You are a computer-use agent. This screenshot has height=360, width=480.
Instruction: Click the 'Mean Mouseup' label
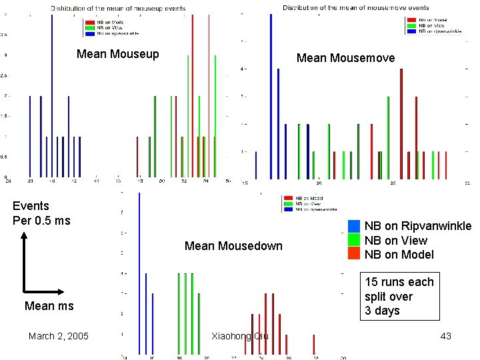(x=117, y=54)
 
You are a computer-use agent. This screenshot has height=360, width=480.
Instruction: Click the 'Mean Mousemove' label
(x=345, y=58)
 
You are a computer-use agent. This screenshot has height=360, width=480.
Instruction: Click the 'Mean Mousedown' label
(x=233, y=246)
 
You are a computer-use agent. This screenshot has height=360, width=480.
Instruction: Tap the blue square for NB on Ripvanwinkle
(x=353, y=226)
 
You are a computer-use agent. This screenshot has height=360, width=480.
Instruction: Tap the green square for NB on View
(x=353, y=240)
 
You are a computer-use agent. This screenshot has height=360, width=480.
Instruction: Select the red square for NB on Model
(x=353, y=254)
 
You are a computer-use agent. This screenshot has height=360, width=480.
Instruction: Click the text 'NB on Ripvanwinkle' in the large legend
(x=417, y=226)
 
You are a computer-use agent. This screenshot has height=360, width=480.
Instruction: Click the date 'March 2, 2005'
(x=58, y=335)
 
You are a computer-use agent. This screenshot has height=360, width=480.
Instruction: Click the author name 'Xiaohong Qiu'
(x=239, y=335)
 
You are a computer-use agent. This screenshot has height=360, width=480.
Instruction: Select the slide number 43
(x=445, y=335)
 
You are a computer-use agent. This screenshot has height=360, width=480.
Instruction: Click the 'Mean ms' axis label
(x=49, y=306)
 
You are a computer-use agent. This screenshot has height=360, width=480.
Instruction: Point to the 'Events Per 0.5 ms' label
(x=41, y=213)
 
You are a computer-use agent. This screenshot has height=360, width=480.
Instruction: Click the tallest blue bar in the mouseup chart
(x=52, y=93)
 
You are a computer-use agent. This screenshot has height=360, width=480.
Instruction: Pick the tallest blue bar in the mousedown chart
(x=139, y=267)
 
